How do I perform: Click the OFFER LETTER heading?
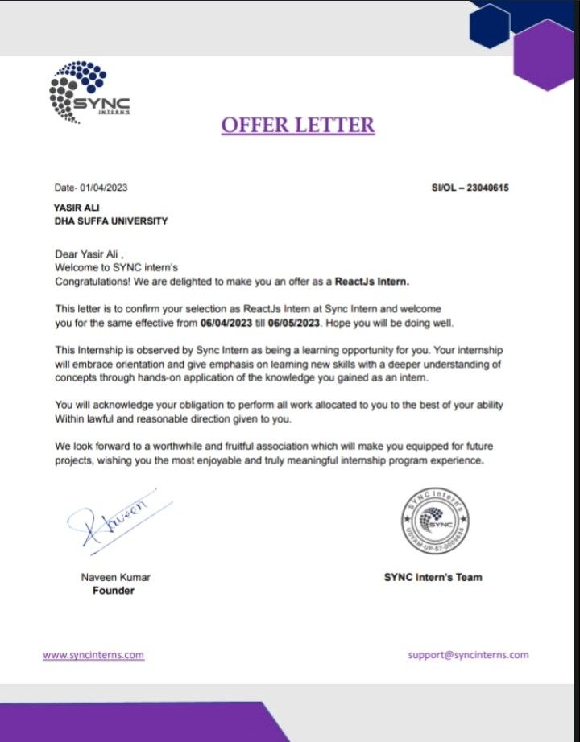[298, 125]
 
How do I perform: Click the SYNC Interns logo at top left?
[89, 93]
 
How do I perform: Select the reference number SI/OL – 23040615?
[470, 188]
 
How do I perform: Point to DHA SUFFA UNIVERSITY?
[111, 221]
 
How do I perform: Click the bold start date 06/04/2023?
[231, 324]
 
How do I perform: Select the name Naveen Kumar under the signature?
[115, 577]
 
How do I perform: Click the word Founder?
[114, 591]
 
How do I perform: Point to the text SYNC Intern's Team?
[433, 577]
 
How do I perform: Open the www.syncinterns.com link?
[93, 655]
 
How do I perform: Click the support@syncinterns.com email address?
[468, 655]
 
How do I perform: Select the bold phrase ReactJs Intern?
[375, 282]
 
